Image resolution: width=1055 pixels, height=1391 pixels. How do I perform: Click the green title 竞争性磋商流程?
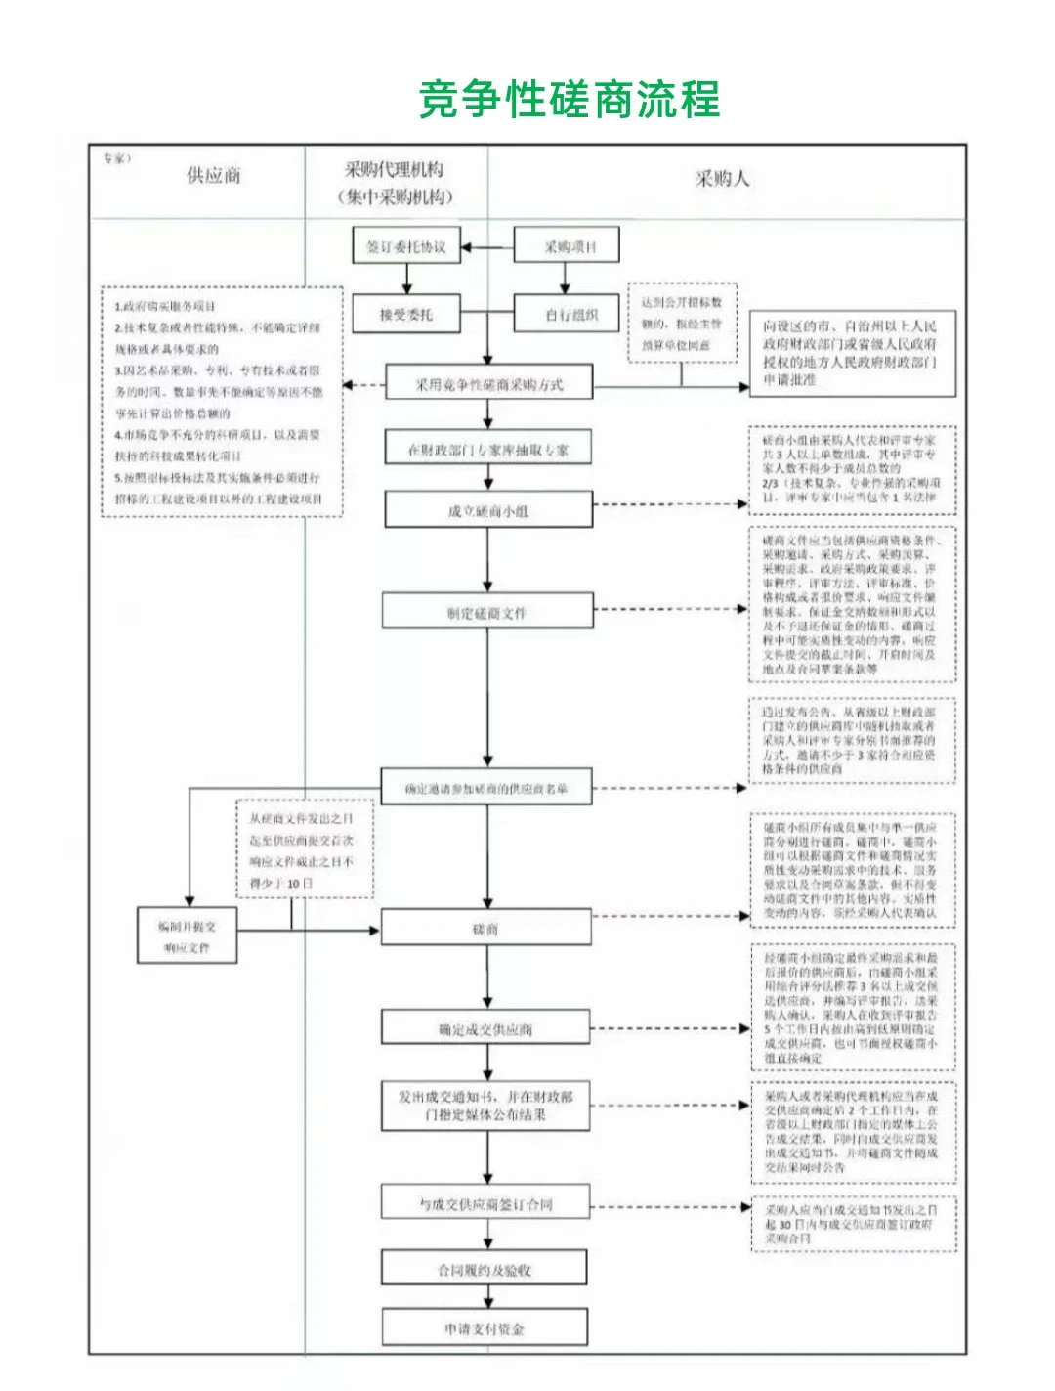570,100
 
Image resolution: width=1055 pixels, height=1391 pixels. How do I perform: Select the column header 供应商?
214,176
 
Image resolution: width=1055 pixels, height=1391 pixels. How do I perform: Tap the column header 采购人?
722,179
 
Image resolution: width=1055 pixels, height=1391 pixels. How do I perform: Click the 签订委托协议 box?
406,247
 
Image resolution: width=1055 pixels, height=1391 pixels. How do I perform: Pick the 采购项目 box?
567,247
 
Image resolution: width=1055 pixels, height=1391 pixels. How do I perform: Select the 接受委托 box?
406,315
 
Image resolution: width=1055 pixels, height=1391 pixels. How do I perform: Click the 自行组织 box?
567,315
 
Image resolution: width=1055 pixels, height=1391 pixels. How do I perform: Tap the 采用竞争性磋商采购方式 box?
488,384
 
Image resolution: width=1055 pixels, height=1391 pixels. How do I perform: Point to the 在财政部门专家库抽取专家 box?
488,450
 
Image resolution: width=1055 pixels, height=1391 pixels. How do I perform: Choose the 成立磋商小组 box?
488,510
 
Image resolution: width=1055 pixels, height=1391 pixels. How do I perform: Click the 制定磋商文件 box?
487,613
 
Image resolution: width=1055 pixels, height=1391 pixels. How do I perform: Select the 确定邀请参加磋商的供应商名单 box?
486,788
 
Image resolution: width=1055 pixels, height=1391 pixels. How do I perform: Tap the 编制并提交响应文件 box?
188,936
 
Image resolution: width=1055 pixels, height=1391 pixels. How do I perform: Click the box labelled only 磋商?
486,929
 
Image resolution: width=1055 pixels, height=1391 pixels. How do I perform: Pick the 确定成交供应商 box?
486,1029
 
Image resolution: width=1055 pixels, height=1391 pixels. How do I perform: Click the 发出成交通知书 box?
486,1106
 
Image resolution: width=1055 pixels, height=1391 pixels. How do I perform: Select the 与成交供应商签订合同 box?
486,1204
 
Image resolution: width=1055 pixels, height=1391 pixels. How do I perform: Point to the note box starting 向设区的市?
852,353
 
